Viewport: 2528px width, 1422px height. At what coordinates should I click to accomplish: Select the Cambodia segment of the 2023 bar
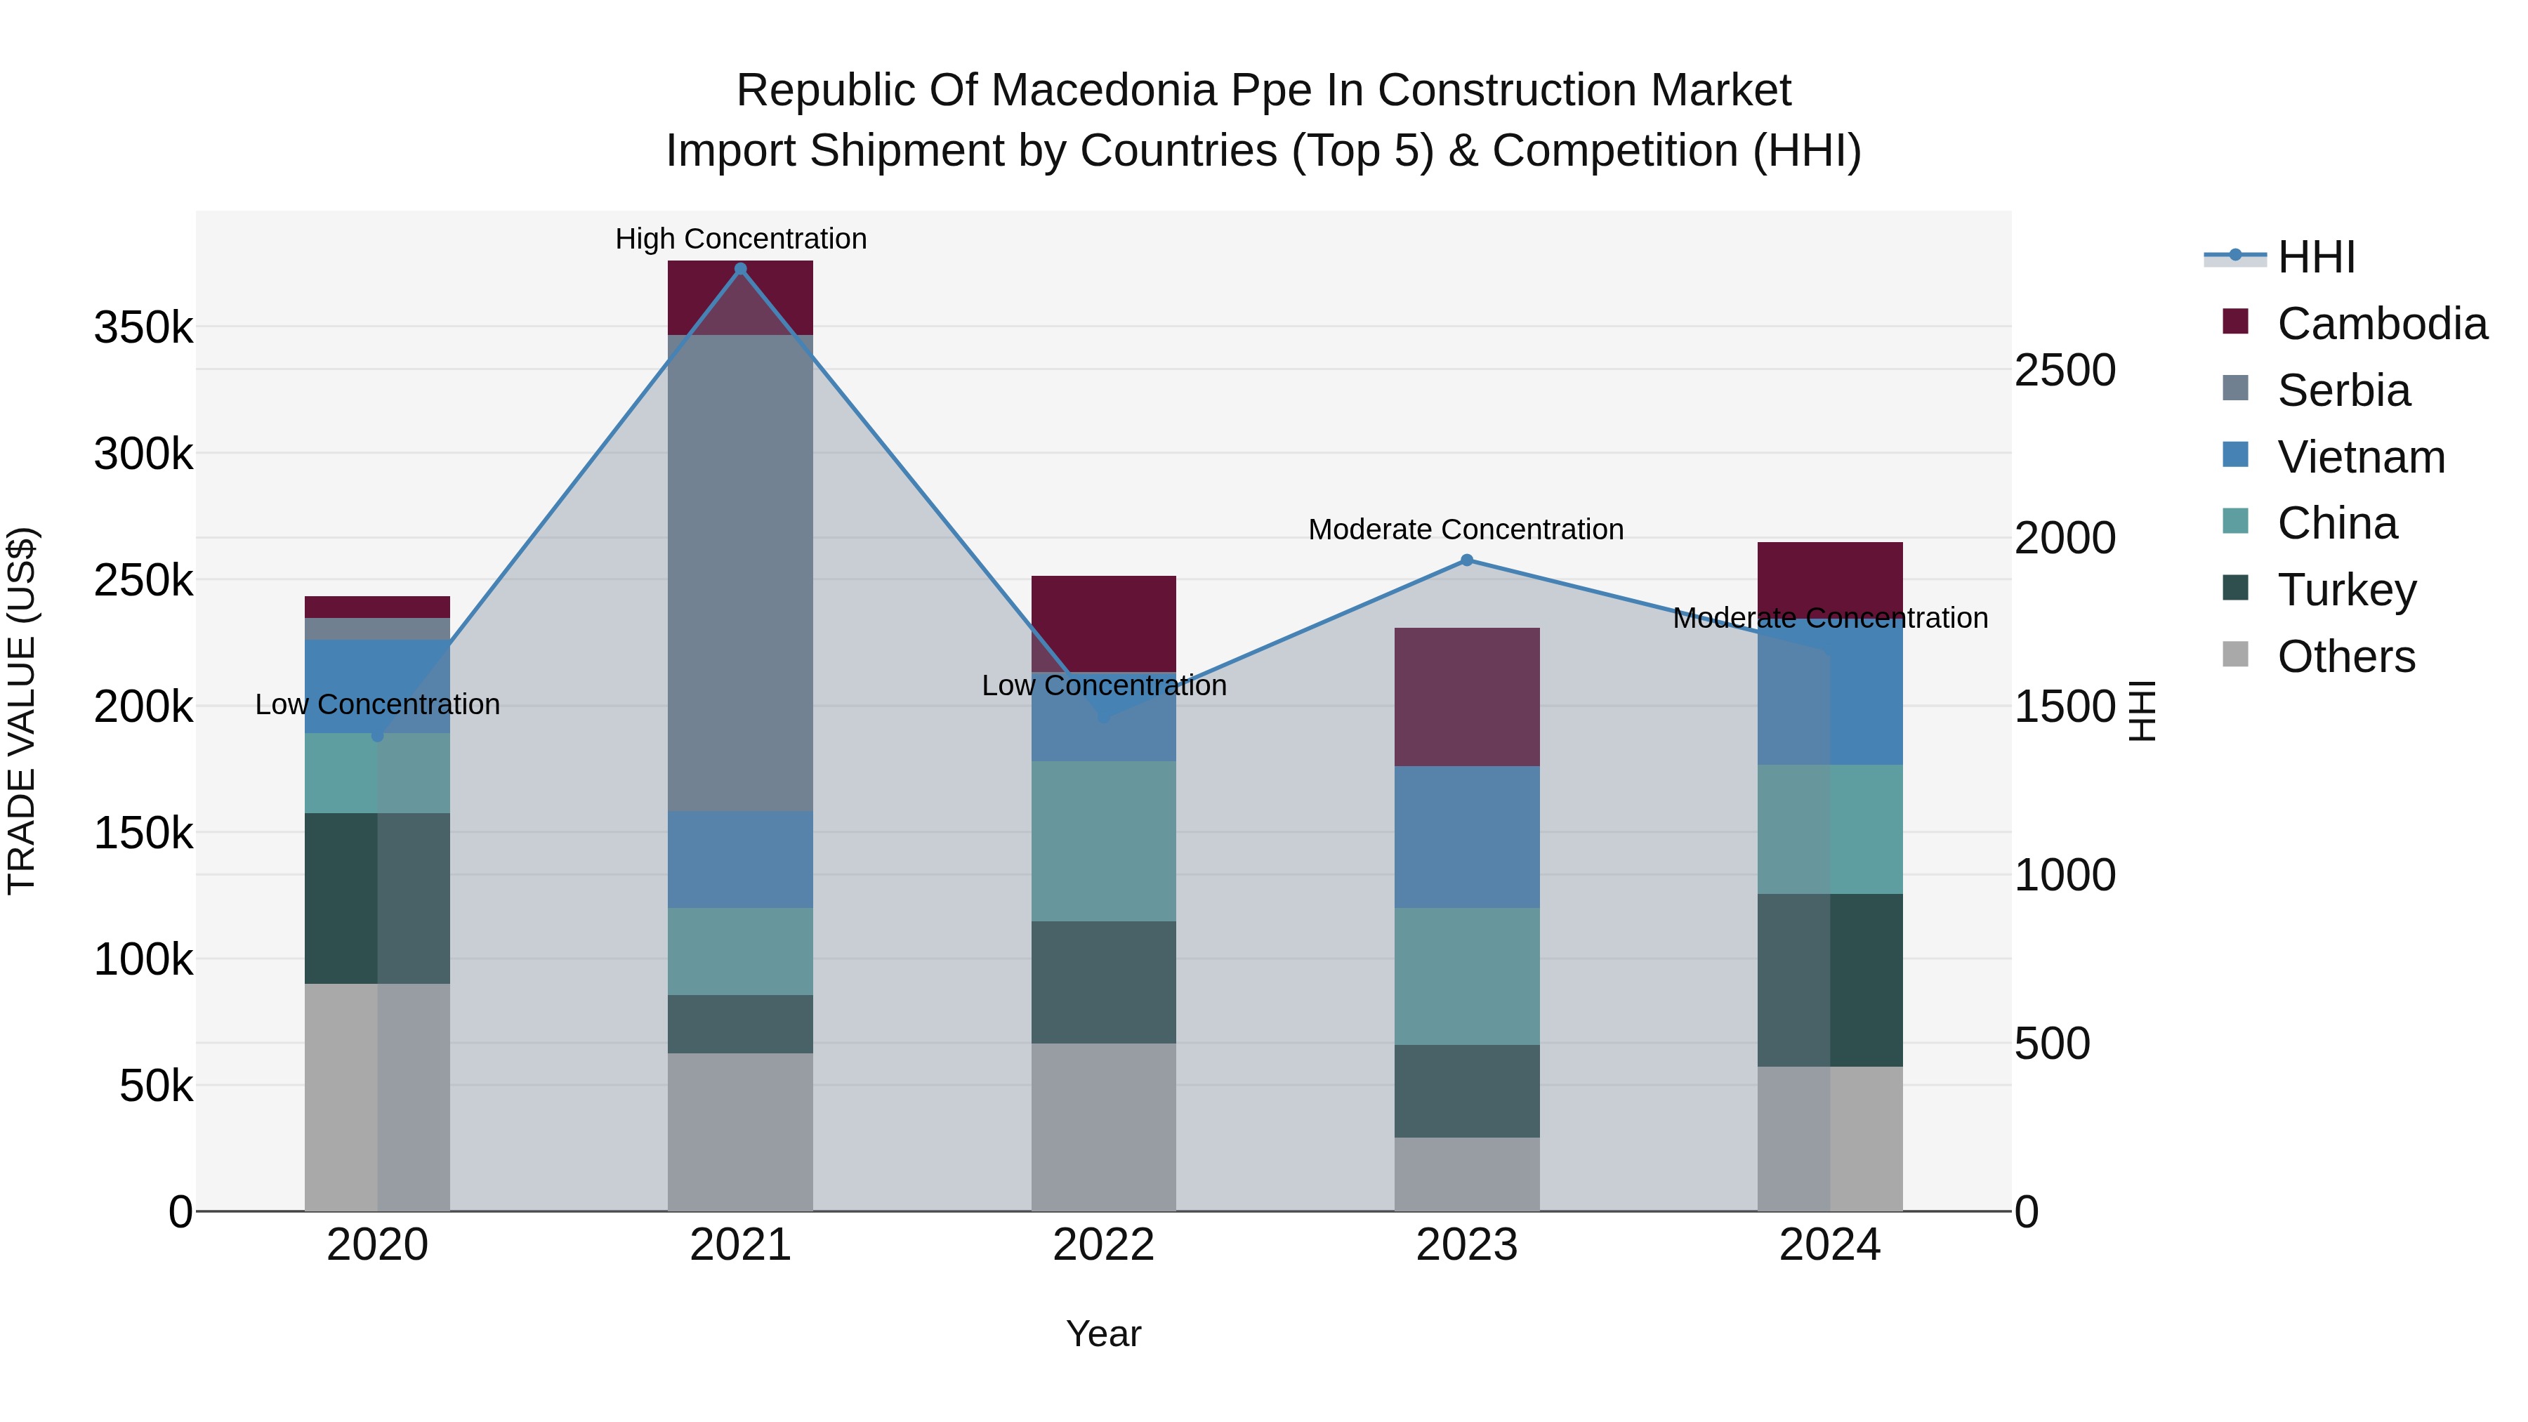point(1466,697)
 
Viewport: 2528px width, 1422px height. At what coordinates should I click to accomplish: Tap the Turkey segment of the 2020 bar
point(377,898)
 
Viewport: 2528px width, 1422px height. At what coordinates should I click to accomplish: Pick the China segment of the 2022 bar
point(1103,841)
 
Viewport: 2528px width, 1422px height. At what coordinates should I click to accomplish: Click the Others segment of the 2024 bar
point(1829,1138)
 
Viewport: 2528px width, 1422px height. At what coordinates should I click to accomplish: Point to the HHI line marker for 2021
point(740,269)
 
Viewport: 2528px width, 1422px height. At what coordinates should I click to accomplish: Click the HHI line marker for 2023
point(1466,560)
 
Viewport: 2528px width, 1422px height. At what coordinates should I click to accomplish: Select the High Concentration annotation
point(740,239)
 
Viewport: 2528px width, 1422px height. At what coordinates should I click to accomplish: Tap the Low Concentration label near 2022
point(1103,685)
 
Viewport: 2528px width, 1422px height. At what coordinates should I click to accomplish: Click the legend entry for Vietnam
point(2359,457)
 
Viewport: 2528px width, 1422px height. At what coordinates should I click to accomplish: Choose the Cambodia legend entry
point(2381,324)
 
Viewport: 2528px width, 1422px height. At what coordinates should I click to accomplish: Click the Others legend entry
point(2345,657)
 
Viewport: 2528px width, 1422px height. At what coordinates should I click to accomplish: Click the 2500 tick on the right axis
point(2065,370)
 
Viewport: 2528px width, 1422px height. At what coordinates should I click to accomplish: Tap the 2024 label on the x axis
point(1829,1245)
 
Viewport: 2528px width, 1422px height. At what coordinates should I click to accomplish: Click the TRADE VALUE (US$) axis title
point(22,711)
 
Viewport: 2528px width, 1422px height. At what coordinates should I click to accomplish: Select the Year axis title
point(1103,1334)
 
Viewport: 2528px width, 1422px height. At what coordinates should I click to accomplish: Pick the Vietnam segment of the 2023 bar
point(1466,836)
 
